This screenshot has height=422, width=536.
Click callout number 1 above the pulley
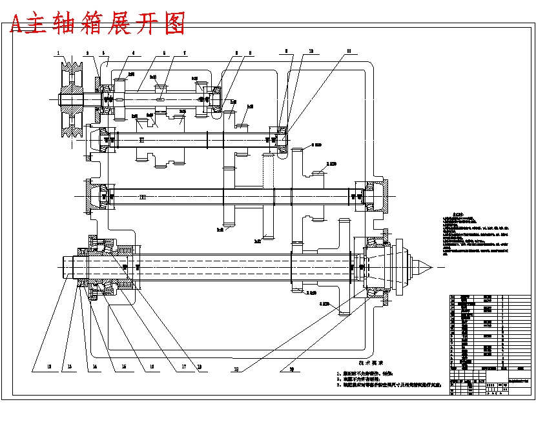pos(58,53)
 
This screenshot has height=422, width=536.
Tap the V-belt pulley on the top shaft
pos(70,100)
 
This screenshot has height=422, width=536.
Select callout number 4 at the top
pos(133,53)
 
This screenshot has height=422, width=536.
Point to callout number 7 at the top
pos(185,53)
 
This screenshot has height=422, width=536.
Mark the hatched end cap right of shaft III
pos(380,196)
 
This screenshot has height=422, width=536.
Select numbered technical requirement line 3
pos(390,385)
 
